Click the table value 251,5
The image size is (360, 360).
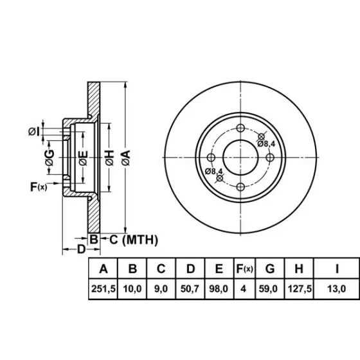(x=104, y=289)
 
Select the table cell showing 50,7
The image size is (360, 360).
(x=190, y=289)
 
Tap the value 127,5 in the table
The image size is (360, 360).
(x=300, y=289)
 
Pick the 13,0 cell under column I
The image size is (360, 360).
(x=336, y=289)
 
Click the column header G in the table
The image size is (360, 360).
(x=270, y=269)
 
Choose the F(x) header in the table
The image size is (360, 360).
(x=244, y=269)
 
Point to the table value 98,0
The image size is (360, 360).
(x=219, y=289)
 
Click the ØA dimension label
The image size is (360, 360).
(x=126, y=157)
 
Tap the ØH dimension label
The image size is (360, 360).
(x=110, y=157)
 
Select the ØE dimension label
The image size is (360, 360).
(x=83, y=158)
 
